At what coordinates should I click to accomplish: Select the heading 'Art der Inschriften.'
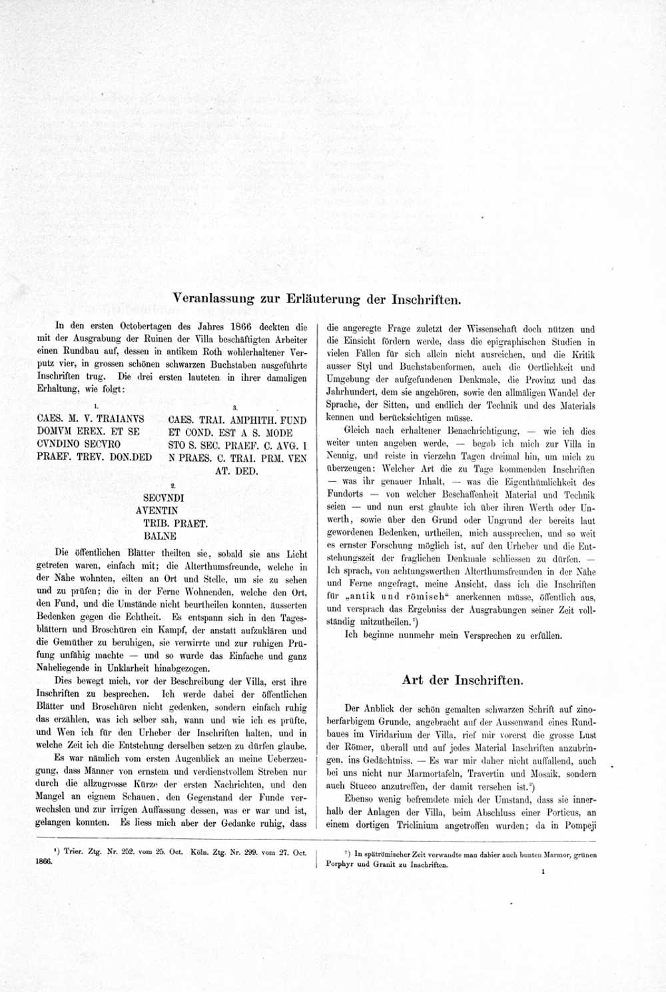[462, 680]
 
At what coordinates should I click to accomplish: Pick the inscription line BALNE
[160, 536]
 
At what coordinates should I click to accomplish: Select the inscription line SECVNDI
[163, 498]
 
